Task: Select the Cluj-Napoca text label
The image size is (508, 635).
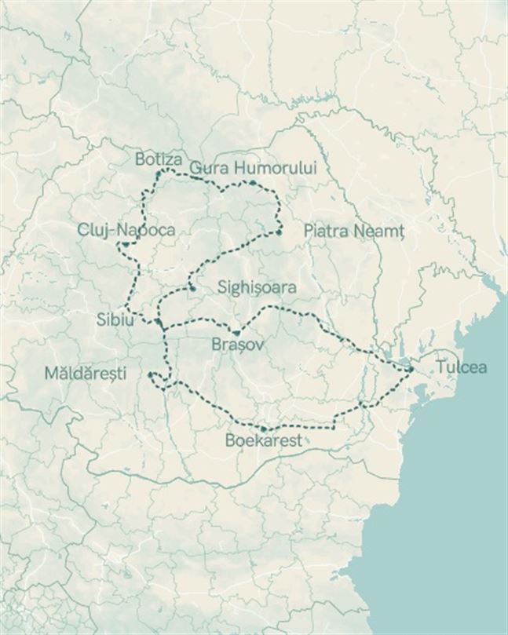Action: (126, 230)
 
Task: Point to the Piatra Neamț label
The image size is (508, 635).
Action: (353, 232)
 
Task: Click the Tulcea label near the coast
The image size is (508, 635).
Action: (462, 367)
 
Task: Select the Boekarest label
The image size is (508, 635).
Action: (263, 441)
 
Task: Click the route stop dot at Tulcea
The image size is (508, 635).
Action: (411, 368)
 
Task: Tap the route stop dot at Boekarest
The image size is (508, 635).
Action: (264, 429)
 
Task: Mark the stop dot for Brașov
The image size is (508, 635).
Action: (235, 333)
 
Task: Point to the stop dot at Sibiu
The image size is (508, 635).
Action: (158, 322)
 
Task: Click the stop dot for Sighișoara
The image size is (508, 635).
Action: (192, 288)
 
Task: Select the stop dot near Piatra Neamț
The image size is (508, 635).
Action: (279, 232)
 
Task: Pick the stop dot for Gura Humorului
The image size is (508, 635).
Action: (254, 183)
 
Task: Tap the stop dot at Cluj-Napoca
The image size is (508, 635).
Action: (125, 244)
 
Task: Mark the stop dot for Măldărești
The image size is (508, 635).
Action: (150, 375)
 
